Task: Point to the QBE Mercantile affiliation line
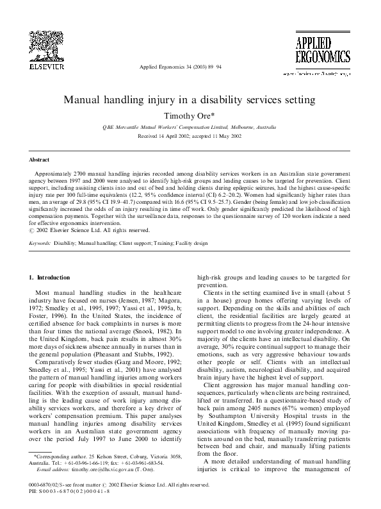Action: click(190, 128)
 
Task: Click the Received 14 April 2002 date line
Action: click(190, 137)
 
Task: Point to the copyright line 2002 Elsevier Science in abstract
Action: click(83, 229)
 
